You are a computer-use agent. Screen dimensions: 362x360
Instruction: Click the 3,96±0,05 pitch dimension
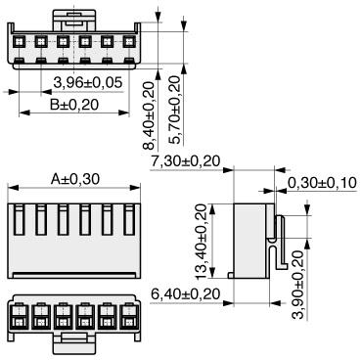[88, 83]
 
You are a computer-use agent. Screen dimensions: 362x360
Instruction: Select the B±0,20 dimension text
[74, 105]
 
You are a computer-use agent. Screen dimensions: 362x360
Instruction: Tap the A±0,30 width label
[74, 179]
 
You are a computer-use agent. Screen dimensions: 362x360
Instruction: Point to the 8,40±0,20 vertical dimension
[149, 115]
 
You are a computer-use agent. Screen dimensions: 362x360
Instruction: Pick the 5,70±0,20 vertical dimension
[175, 110]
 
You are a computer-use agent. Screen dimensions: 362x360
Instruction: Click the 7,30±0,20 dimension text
[186, 161]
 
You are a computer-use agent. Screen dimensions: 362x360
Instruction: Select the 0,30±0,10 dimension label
[322, 183]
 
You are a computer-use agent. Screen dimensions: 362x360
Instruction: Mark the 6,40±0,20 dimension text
[186, 294]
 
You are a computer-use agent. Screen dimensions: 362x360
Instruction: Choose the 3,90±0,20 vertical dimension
[298, 285]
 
